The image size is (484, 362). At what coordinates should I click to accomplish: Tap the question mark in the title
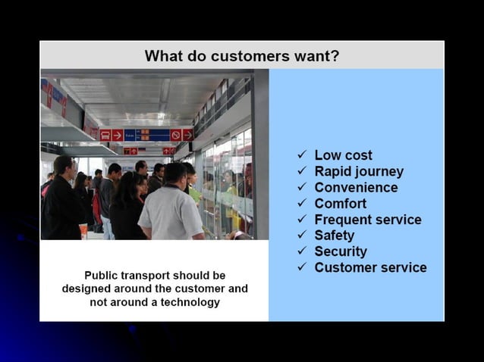coord(335,56)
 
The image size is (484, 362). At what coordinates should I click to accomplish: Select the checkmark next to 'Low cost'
coord(301,155)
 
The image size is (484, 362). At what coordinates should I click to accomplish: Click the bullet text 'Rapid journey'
coord(359,172)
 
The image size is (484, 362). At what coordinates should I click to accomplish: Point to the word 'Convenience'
coord(356,188)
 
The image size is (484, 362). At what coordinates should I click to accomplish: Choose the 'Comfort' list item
coord(341,204)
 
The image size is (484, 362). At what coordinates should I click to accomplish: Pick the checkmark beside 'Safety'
coord(301,236)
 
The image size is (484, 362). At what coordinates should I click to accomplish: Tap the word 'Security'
coord(341,251)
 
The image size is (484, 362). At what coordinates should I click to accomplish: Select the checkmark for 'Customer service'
coord(301,267)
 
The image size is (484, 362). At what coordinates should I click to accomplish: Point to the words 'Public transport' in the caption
coord(124,276)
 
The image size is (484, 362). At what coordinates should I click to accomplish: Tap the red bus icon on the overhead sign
coord(105,135)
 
